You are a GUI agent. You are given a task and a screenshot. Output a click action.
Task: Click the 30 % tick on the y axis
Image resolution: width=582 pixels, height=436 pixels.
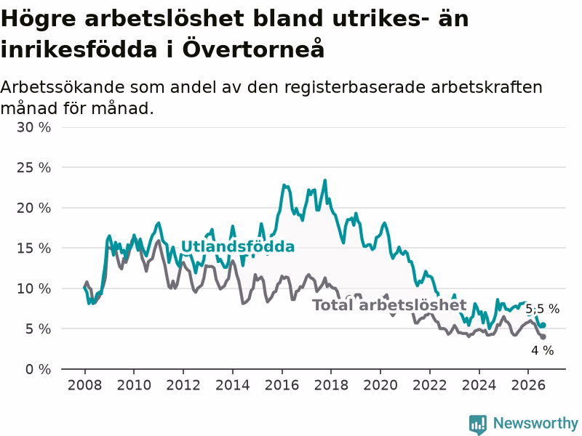pos(33,128)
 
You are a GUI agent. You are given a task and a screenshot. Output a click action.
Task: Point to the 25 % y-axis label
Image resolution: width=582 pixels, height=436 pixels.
pos(33,168)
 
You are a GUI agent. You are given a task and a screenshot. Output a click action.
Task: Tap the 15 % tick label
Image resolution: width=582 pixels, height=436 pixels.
pos(33,249)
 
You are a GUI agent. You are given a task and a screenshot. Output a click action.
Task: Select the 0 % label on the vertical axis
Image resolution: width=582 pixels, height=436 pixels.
pos(39,369)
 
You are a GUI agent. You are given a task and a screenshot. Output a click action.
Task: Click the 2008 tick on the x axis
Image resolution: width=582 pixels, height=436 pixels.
pos(84,385)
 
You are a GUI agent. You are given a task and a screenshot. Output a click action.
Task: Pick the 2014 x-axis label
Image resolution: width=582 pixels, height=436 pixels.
pos(232,385)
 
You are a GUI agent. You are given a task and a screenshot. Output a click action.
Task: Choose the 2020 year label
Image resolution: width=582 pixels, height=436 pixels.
pos(380,385)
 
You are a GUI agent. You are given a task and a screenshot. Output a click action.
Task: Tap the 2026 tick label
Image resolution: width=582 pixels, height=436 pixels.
pos(528,385)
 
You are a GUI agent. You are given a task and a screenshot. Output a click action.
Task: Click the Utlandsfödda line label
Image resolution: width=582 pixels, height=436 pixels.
pos(238,246)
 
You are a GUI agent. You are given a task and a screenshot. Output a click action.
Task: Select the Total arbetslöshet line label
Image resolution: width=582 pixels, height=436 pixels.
pos(389,305)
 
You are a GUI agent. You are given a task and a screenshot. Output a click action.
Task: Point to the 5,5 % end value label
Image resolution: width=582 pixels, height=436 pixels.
pos(542,309)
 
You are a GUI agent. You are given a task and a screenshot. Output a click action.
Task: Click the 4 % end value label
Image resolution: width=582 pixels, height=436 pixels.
pos(542,350)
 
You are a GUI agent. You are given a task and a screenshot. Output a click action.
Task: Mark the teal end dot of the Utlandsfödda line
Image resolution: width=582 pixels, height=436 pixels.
pos(543,325)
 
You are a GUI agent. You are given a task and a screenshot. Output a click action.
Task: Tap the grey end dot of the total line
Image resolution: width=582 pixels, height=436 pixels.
pos(543,336)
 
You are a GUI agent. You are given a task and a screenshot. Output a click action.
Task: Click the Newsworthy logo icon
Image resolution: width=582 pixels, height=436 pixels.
pos(478,424)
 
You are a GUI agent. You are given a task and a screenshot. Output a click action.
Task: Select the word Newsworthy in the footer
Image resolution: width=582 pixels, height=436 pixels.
pos(535,423)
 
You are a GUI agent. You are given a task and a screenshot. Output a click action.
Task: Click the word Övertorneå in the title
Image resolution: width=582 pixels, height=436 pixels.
pos(253,49)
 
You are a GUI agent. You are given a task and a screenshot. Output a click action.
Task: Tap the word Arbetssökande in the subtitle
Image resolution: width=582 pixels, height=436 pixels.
pos(63,88)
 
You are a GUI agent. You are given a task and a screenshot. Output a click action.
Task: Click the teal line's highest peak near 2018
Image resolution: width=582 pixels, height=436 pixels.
pos(325,180)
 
